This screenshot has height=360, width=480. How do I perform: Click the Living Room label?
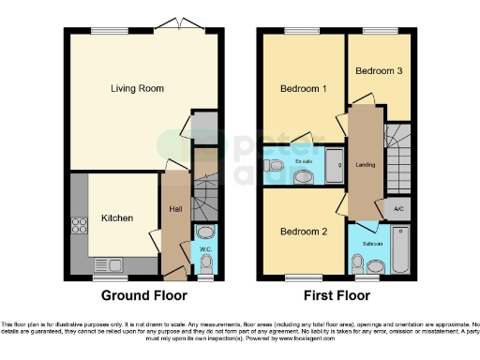[x=139, y=89]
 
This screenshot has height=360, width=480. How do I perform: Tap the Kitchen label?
[x=117, y=218]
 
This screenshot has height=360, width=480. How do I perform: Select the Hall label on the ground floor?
[x=175, y=210]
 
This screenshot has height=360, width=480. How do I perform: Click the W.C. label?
[x=205, y=249]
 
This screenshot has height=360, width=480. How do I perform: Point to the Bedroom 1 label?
[x=304, y=89]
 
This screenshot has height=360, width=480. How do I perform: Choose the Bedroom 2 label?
[x=302, y=232]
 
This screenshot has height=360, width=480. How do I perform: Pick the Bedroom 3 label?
[x=378, y=70]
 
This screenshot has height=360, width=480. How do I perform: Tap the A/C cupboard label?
[x=397, y=208]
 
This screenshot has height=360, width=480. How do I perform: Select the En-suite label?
[x=303, y=161]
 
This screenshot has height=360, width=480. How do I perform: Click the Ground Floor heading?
[x=144, y=295]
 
